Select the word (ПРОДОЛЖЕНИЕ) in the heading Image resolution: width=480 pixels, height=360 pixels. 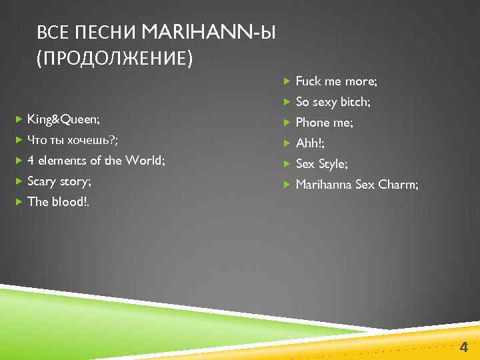[115, 59]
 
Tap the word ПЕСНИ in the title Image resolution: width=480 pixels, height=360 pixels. [106, 31]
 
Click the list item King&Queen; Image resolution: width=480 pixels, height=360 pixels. [64, 119]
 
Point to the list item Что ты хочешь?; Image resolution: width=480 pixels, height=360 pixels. [73, 140]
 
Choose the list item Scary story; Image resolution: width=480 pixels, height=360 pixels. [59, 181]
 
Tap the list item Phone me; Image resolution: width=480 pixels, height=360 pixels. [325, 123]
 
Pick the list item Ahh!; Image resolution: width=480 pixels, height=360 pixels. [310, 143]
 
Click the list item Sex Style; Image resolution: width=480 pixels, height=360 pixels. [321, 164]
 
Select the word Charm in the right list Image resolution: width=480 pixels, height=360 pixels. [397, 185]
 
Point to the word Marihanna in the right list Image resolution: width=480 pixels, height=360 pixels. [323, 185]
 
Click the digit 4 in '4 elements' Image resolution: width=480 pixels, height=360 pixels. [31, 161]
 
